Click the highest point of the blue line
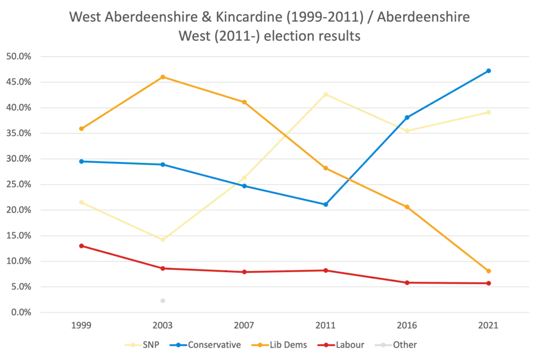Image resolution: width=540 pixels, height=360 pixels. pyautogui.click(x=489, y=71)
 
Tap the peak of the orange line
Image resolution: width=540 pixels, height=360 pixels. pyautogui.click(x=163, y=76)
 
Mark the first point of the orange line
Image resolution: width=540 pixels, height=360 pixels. pyautogui.click(x=81, y=129)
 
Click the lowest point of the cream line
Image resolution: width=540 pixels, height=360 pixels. pyautogui.click(x=163, y=240)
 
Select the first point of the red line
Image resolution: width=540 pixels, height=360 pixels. pyautogui.click(x=81, y=246)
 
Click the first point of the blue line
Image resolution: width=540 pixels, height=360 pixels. pyautogui.click(x=81, y=161)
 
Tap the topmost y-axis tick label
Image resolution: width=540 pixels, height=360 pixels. pyautogui.click(x=18, y=56)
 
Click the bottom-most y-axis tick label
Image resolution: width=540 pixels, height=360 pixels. pyautogui.click(x=18, y=312)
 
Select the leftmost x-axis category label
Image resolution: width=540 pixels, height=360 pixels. pyautogui.click(x=81, y=326)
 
